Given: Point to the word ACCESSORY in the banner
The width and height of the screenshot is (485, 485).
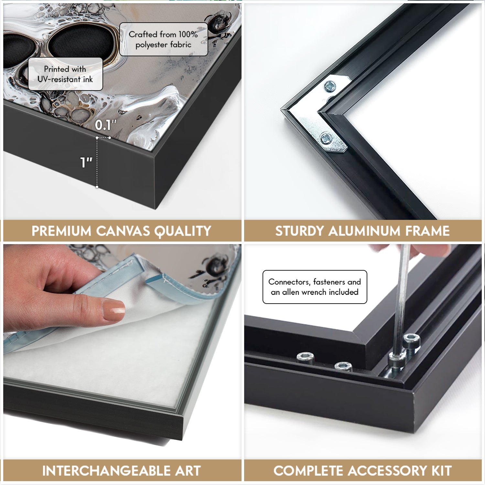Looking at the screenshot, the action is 388,471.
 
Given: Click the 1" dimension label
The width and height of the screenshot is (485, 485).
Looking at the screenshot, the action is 86,162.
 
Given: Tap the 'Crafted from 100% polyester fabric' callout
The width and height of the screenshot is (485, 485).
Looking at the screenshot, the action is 164,39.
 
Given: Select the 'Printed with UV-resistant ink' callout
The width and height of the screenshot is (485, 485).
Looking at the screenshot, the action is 65,74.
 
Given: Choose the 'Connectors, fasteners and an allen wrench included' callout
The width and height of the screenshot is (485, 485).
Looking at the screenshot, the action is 315,287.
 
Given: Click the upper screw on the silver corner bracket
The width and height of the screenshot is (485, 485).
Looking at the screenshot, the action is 330,86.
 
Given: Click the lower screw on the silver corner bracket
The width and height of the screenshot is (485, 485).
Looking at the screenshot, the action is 326,139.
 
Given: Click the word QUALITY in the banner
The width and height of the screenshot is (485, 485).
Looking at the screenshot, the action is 183,231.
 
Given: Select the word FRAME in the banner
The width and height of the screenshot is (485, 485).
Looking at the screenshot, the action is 427,231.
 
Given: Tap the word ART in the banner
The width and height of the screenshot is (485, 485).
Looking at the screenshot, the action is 188,471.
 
